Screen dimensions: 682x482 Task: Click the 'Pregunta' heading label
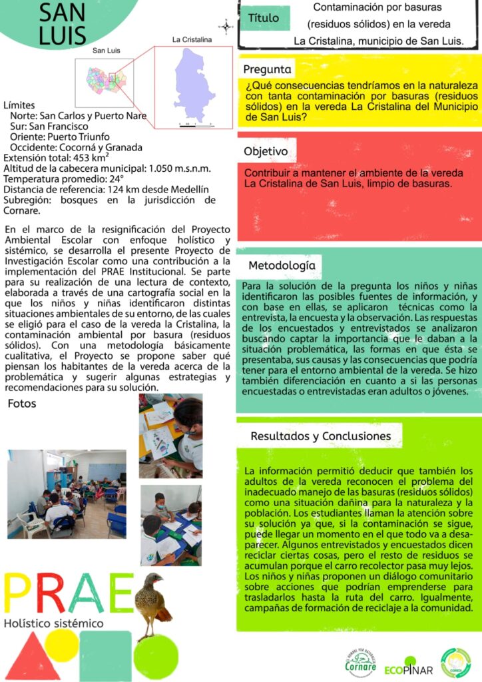click(x=267, y=69)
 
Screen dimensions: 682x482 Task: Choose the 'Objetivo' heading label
click(x=266, y=151)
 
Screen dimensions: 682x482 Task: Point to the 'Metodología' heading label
click(x=282, y=266)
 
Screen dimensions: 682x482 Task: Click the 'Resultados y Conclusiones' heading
click(x=320, y=436)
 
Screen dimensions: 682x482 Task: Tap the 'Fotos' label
click(x=22, y=404)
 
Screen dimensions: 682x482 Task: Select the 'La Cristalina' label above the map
click(x=192, y=39)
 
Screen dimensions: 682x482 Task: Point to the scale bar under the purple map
click(x=196, y=125)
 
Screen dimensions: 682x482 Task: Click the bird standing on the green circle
click(x=152, y=603)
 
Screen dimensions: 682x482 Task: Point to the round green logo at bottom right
click(x=455, y=663)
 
